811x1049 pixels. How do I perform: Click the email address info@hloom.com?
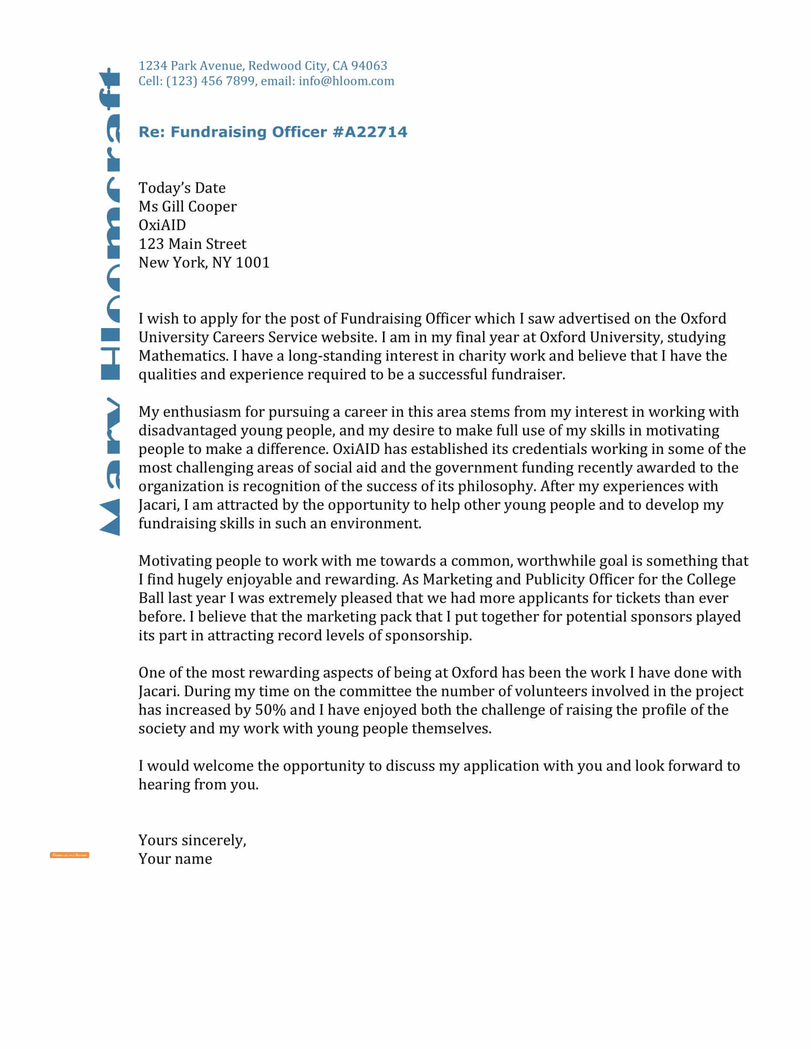pyautogui.click(x=346, y=81)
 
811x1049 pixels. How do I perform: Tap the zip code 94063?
pyautogui.click(x=368, y=65)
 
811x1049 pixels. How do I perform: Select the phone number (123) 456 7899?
pyautogui.click(x=210, y=81)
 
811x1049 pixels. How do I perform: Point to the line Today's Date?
pyautogui.click(x=182, y=188)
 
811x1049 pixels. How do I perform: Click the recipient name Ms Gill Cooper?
pyautogui.click(x=187, y=206)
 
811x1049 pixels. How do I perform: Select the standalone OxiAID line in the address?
pyautogui.click(x=162, y=225)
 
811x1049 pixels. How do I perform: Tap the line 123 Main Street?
pyautogui.click(x=192, y=244)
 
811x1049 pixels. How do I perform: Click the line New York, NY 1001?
pyautogui.click(x=204, y=262)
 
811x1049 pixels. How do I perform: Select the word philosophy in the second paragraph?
pyautogui.click(x=496, y=486)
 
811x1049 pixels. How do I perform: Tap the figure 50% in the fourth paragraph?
pyautogui.click(x=270, y=710)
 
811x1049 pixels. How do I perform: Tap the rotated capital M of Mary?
pyautogui.click(x=110, y=518)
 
